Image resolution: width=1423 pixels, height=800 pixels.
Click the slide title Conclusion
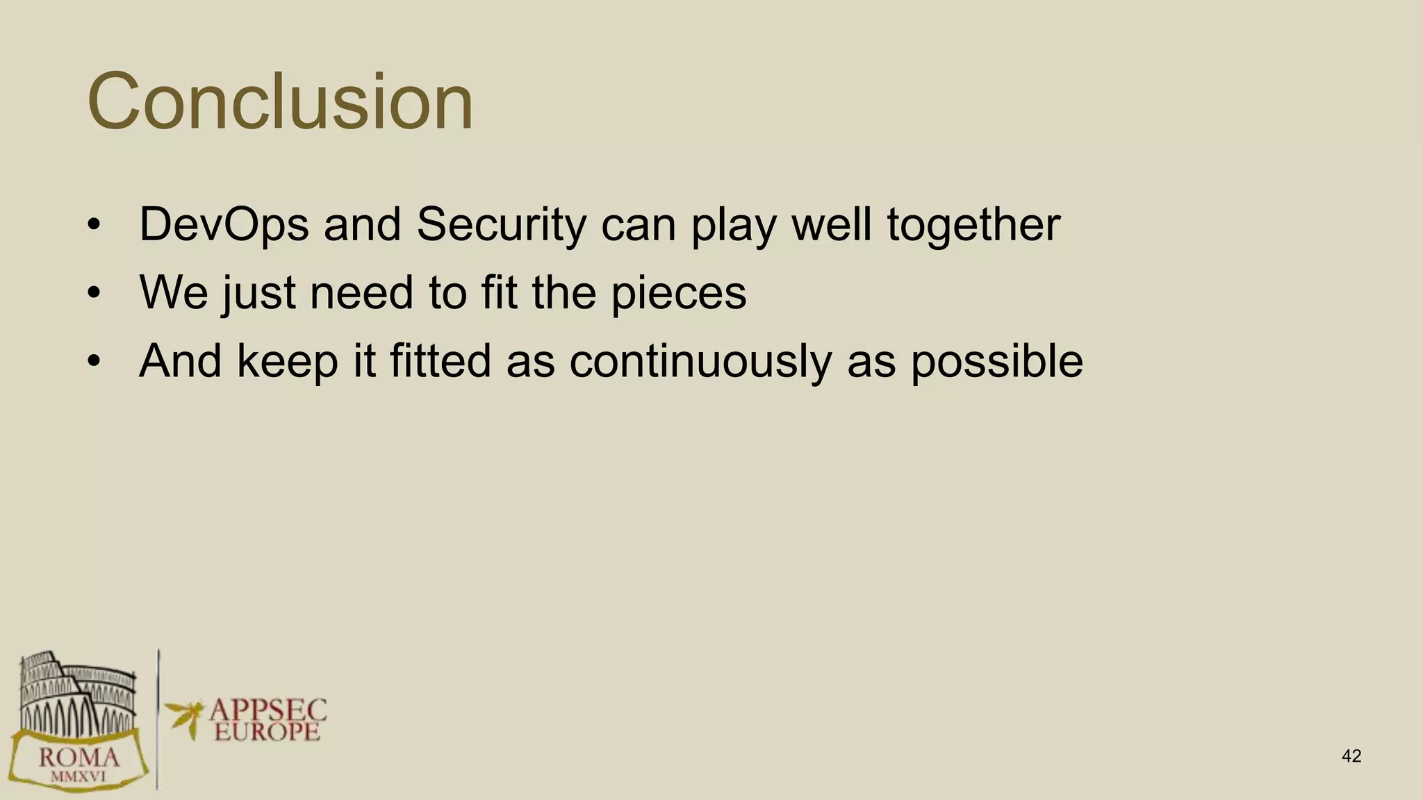click(280, 101)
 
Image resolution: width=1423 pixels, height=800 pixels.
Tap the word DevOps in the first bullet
click(224, 225)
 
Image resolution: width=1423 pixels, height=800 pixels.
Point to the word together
click(973, 225)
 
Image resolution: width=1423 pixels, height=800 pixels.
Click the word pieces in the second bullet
click(678, 293)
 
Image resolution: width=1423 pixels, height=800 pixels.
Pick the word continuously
click(700, 361)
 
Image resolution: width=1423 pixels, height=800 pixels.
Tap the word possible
click(996, 361)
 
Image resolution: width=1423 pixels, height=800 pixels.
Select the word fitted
click(441, 361)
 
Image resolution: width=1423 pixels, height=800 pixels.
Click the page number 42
click(1351, 756)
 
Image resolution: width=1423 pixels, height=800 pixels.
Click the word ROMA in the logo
click(79, 757)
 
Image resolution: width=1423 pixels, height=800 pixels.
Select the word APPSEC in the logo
click(268, 710)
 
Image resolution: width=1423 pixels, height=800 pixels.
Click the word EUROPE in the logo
click(268, 732)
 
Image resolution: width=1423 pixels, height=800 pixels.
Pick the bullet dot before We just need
click(94, 293)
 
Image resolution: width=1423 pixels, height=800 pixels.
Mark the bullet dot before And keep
click(94, 361)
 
